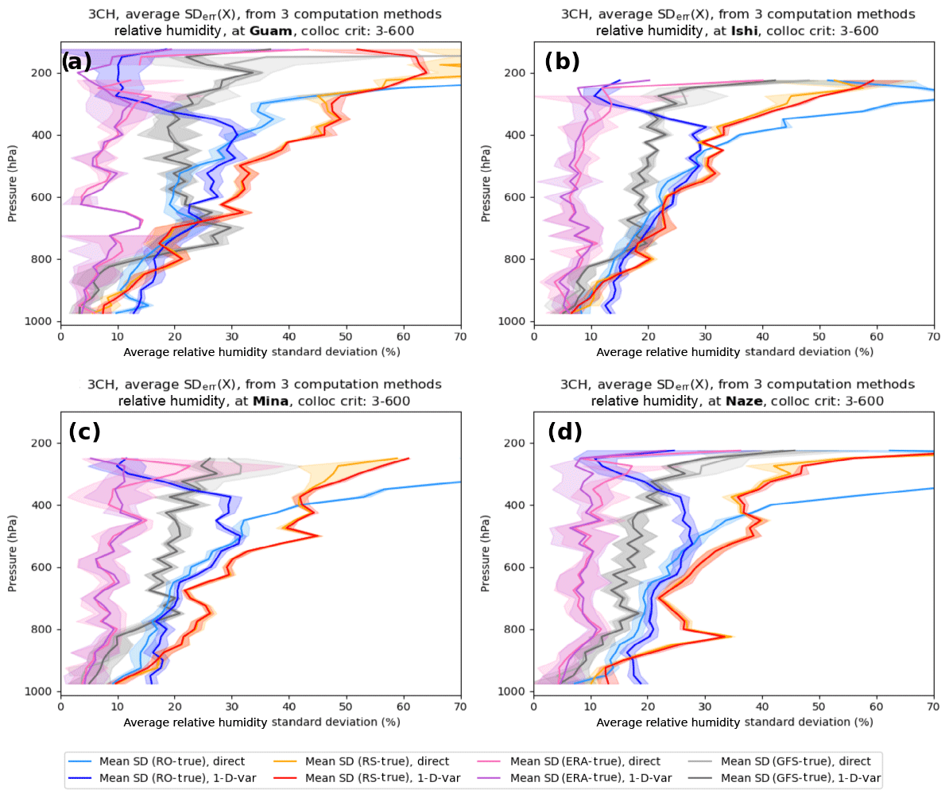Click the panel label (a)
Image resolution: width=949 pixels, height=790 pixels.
tap(76, 61)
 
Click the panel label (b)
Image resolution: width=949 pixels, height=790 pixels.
tap(562, 61)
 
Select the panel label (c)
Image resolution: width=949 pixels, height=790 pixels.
tap(83, 432)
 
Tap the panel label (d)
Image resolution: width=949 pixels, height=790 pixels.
tap(565, 432)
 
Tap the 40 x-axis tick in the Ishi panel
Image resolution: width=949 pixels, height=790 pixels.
tap(762, 336)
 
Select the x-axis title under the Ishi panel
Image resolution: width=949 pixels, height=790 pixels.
tap(734, 351)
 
